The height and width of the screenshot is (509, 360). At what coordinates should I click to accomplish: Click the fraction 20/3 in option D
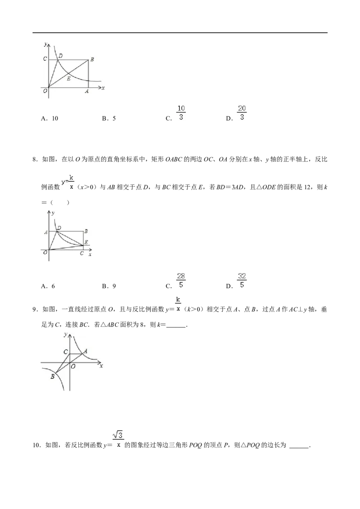click(242, 113)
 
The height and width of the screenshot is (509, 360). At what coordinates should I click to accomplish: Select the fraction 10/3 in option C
click(181, 113)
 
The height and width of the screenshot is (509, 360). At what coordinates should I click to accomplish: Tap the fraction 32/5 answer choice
click(242, 281)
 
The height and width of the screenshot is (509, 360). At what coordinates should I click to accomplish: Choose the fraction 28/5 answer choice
click(181, 281)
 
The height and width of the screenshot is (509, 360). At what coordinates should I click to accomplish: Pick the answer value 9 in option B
click(114, 286)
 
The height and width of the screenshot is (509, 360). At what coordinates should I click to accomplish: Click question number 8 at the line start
click(35, 159)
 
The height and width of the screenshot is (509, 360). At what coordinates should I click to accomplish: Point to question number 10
click(36, 445)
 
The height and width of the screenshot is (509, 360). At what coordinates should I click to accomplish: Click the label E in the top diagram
click(68, 79)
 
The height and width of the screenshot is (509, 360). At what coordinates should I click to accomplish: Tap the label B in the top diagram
click(92, 59)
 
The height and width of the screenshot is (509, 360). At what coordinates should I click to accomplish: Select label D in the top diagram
click(61, 56)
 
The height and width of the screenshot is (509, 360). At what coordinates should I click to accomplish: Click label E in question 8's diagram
click(86, 242)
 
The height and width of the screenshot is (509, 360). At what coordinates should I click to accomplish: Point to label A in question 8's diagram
click(46, 232)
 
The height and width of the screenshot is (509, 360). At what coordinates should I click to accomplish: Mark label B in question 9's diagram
click(52, 377)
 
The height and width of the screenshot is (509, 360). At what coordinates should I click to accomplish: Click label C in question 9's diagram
click(66, 352)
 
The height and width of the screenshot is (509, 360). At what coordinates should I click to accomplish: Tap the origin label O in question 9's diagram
click(73, 366)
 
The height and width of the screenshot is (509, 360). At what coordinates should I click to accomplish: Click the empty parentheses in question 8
click(59, 202)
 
